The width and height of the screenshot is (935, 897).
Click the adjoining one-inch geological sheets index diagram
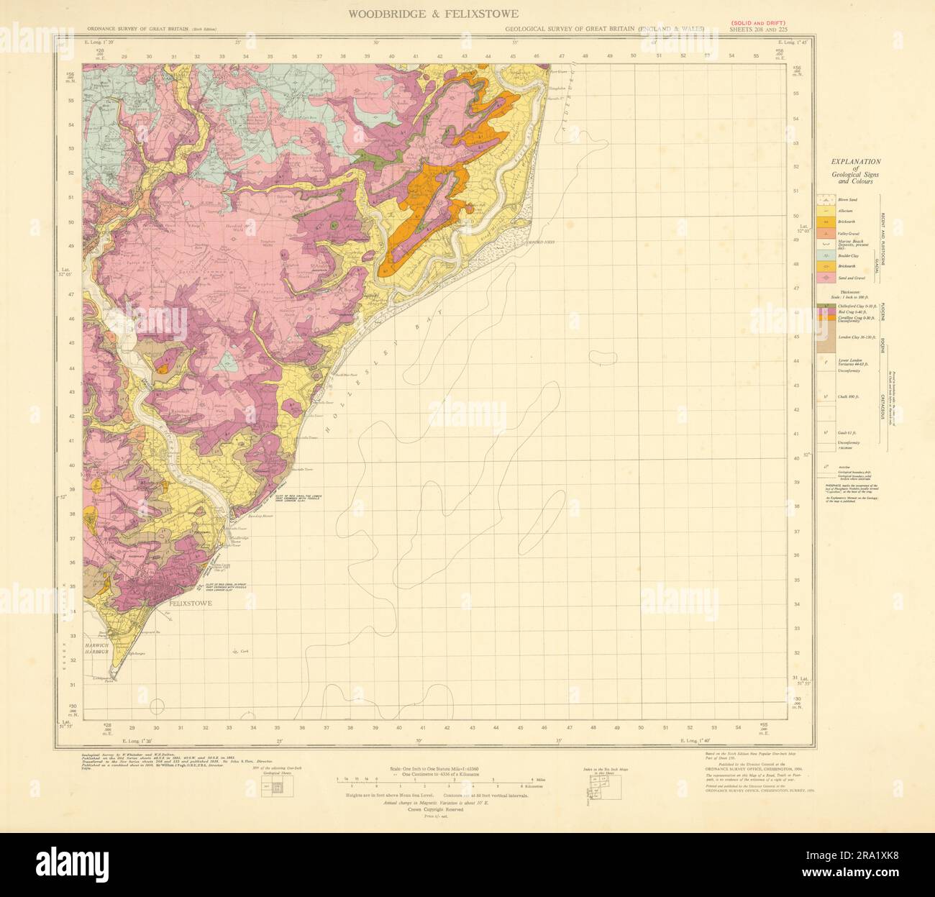(271, 787)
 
